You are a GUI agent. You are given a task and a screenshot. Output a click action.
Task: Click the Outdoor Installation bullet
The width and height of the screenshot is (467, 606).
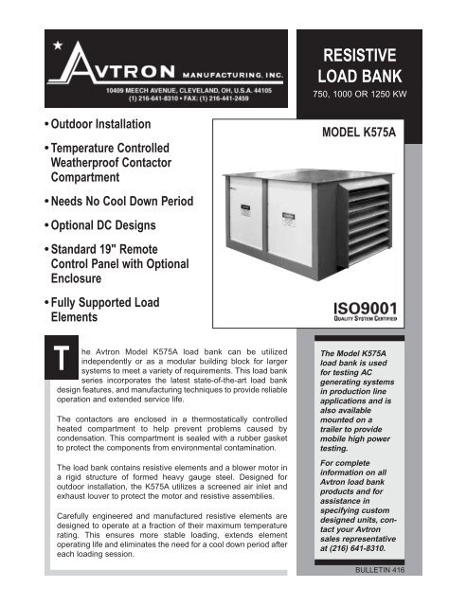click(88, 125)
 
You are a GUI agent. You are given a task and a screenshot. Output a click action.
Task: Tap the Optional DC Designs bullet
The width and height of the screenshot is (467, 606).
click(96, 228)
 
